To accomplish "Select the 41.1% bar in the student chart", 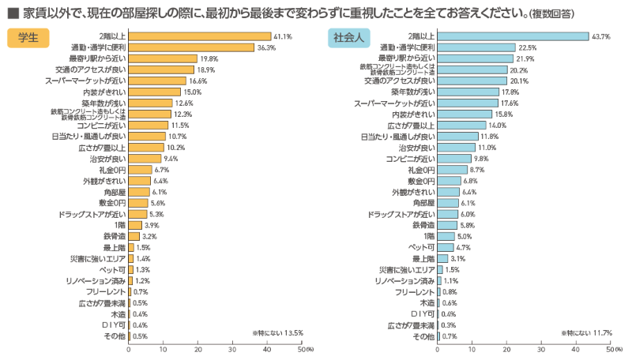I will click(199, 36).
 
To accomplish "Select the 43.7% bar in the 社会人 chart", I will click(513, 36).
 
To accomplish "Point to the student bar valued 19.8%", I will click(163, 58).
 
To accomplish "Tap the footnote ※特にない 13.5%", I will click(277, 332).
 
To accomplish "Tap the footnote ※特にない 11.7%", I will click(587, 332).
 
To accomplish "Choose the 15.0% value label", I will click(192, 92).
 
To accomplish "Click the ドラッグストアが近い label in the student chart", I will click(92, 214).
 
